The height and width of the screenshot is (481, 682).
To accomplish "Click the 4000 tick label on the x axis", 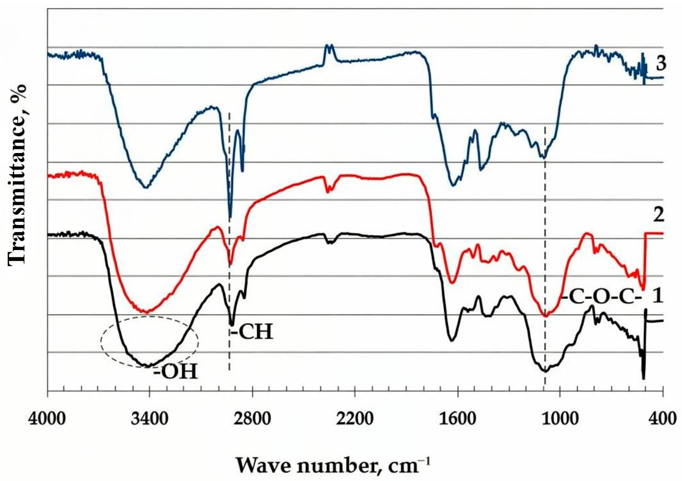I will pyautogui.click(x=47, y=420).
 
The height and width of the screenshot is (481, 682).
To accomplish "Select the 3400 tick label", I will pyautogui.click(x=150, y=420).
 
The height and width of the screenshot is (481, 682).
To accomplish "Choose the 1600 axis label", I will pyautogui.click(x=458, y=420).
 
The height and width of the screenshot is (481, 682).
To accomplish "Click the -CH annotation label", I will pyautogui.click(x=252, y=332).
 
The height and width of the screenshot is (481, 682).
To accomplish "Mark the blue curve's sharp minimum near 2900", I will pyautogui.click(x=230, y=217).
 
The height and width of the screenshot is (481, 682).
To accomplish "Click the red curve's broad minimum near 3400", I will pyautogui.click(x=146, y=312).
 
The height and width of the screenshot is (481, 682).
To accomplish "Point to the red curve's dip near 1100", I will pyautogui.click(x=545, y=316).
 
